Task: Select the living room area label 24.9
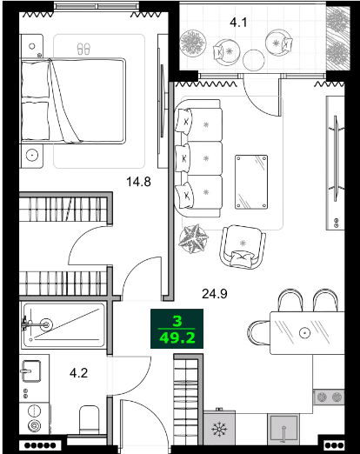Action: [x=215, y=293]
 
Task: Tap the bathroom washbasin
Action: [x=31, y=371]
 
